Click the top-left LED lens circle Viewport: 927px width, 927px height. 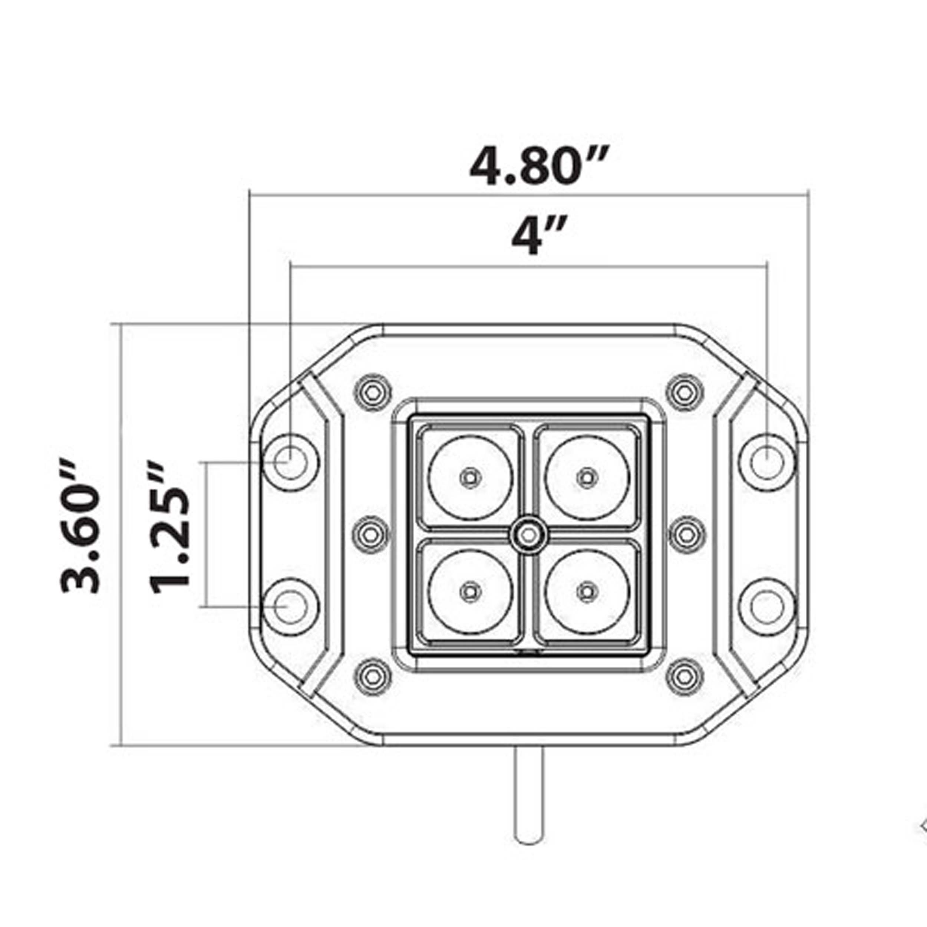pyautogui.click(x=471, y=477)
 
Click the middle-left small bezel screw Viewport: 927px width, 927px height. pyautogui.click(x=372, y=534)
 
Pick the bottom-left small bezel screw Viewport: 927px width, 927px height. pyautogui.click(x=372, y=677)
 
